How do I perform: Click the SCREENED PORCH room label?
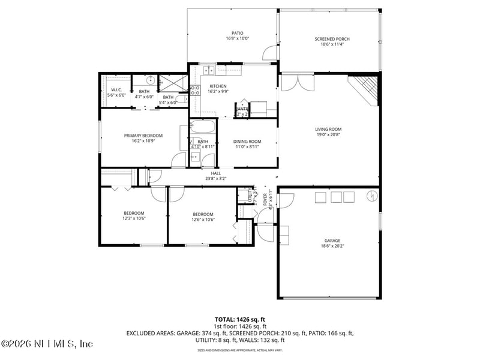point(332,39)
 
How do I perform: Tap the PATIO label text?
point(237,34)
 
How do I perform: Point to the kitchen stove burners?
point(195,91)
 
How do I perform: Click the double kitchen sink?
point(209,71)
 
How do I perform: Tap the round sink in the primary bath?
point(151,80)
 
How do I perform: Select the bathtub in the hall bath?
point(202,128)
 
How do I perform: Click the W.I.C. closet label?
point(116,91)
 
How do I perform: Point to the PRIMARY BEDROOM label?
point(143,136)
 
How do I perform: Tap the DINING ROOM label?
point(247,142)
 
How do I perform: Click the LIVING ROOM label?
point(328,129)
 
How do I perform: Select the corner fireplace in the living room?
point(365,88)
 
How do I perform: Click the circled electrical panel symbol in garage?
point(371,196)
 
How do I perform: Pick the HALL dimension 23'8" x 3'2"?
point(215,178)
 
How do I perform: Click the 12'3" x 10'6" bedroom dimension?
point(134,219)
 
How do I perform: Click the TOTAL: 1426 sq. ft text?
point(240,319)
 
